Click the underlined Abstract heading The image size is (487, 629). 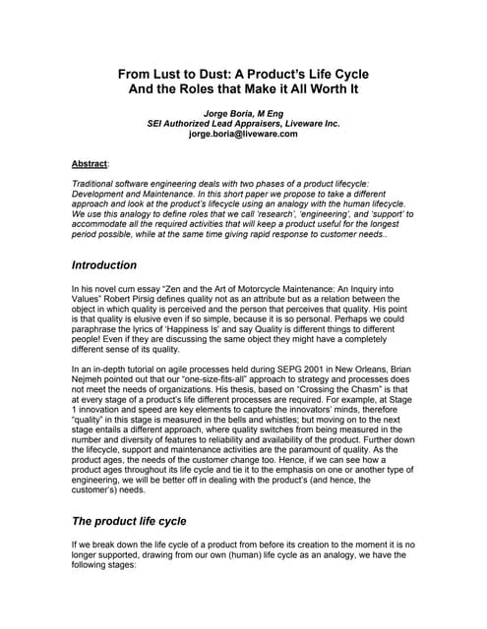tap(91, 163)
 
